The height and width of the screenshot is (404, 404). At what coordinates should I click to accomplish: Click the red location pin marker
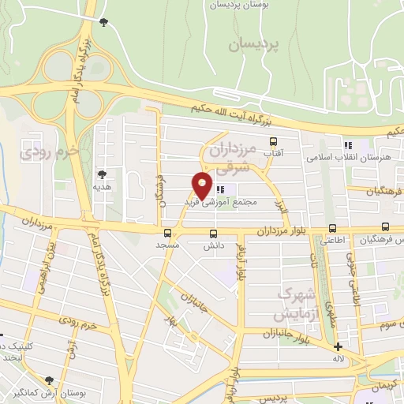(202, 185)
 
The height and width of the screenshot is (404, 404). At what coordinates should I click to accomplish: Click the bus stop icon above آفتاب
(274, 142)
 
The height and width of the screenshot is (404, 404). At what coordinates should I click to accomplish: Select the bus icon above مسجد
(167, 233)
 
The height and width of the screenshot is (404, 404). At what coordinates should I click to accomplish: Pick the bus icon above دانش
(212, 233)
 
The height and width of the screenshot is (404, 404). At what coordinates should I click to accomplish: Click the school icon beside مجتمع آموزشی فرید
(221, 189)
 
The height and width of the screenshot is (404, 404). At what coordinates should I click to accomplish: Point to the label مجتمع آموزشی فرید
(244, 202)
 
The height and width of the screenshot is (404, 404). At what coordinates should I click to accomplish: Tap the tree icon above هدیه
(100, 174)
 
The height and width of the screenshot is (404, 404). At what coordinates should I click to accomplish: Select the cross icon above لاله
(338, 346)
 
